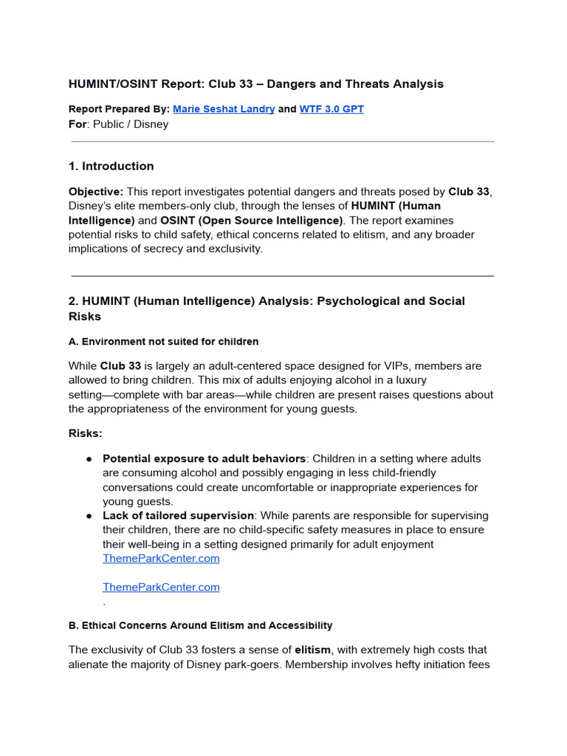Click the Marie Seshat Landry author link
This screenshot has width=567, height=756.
224,109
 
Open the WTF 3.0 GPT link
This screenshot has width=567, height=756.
331,109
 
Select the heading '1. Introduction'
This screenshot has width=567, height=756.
111,166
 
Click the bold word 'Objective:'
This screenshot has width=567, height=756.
96,192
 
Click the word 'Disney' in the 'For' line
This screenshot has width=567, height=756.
150,124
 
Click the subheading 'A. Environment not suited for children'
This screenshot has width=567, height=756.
163,342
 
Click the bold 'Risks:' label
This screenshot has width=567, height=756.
86,433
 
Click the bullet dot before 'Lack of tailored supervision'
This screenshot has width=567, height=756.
89,516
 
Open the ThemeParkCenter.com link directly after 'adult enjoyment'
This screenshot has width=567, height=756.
161,559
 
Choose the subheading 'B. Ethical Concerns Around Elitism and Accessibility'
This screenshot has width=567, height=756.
200,625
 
